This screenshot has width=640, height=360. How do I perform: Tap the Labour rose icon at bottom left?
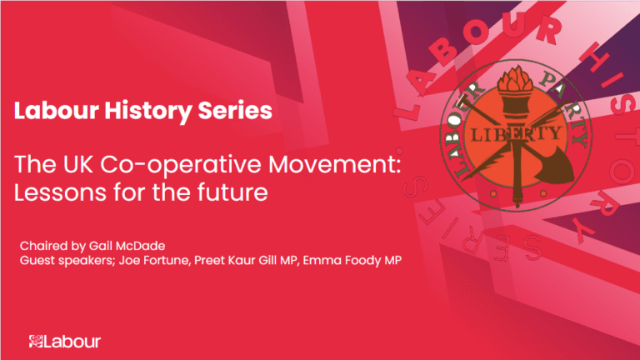click(35, 342)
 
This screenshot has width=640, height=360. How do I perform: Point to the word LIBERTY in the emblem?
click(510, 134)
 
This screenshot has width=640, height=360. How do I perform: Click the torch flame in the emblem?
click(510, 83)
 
